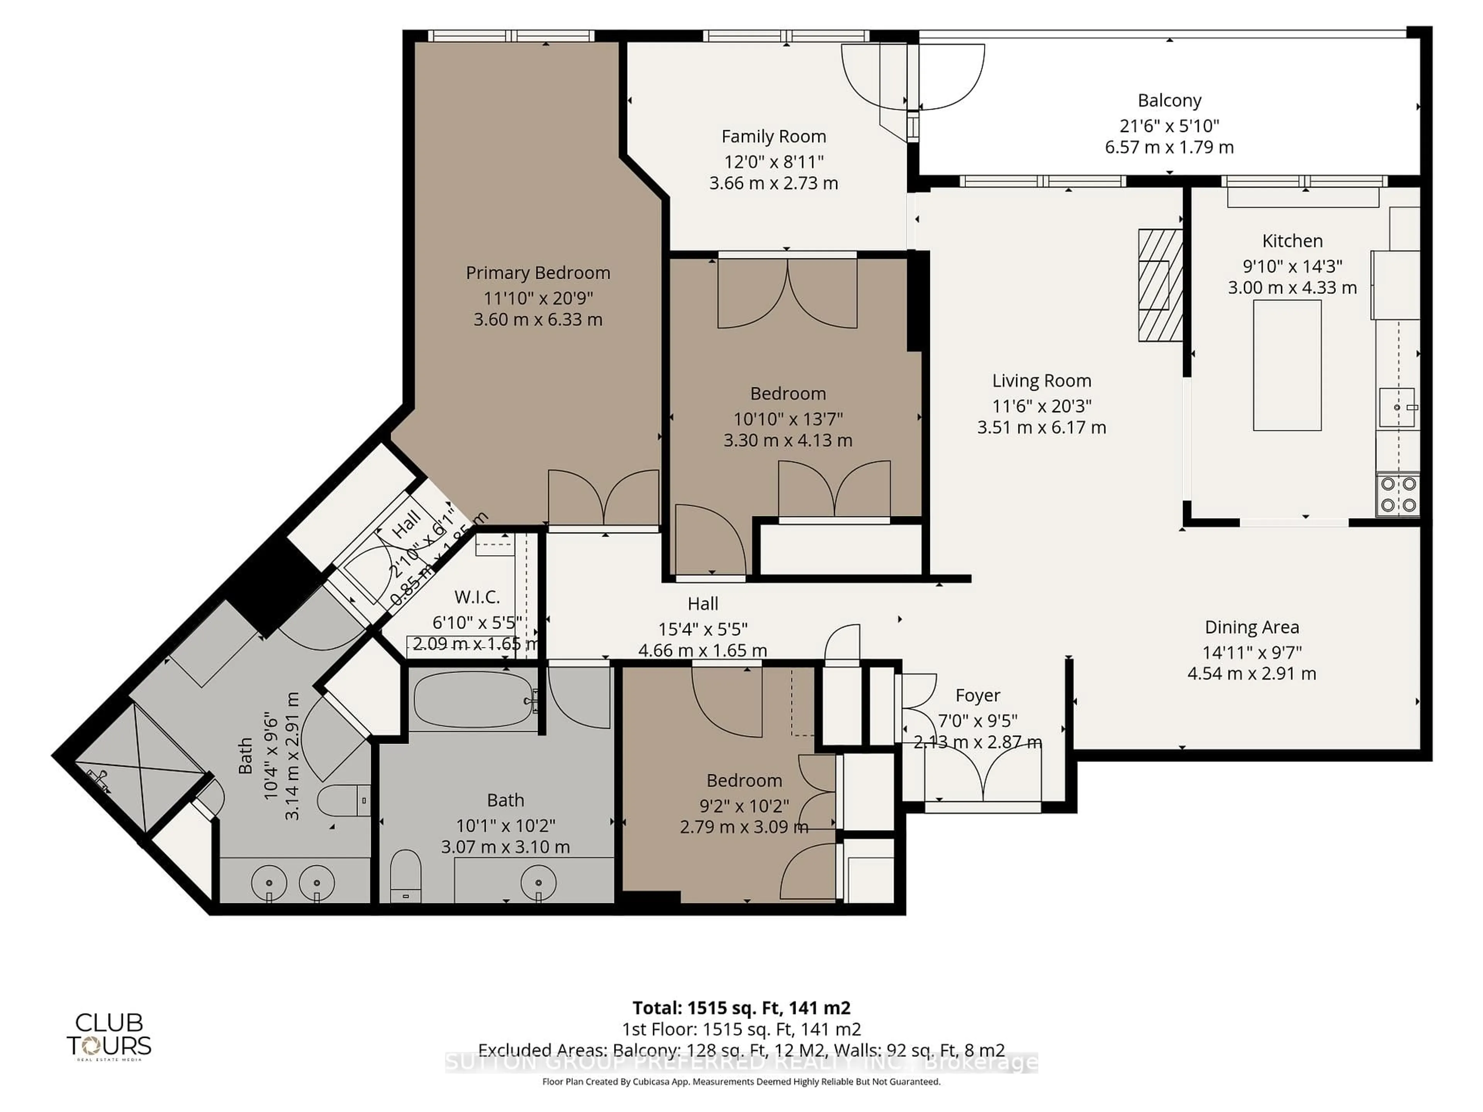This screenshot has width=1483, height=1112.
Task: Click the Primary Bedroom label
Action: [x=538, y=273]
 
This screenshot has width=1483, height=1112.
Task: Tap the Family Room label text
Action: [x=773, y=137]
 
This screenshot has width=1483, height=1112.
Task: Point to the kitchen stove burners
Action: [x=1398, y=494]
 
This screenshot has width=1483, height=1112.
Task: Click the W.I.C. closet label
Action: [x=477, y=597]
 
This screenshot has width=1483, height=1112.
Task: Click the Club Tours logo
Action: [x=109, y=1036]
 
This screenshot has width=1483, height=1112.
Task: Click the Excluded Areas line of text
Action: [x=741, y=1050]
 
